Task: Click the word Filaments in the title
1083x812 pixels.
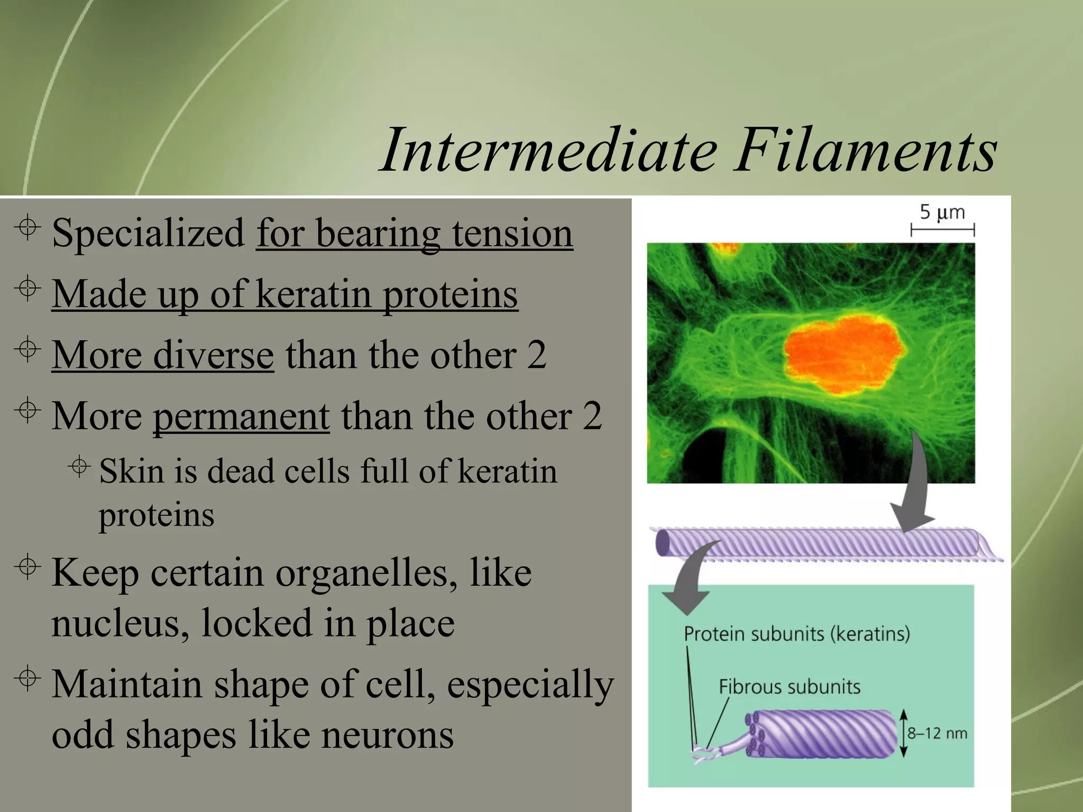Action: [865, 151]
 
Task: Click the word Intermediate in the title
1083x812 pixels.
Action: [547, 151]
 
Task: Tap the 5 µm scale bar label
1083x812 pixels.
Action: [942, 213]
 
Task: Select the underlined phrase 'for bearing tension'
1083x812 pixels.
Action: [414, 234]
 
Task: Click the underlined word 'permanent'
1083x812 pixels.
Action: [241, 417]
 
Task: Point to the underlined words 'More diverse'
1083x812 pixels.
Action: [162, 355]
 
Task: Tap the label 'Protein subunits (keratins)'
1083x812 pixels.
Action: [796, 633]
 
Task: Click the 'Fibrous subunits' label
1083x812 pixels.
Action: [789, 687]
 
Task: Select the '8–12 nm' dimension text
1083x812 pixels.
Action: [937, 733]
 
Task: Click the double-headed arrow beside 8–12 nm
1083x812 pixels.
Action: [903, 733]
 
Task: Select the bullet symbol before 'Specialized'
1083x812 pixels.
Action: [27, 227]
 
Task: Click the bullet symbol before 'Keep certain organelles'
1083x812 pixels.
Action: [27, 567]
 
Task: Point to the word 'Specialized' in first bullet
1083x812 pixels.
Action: [148, 234]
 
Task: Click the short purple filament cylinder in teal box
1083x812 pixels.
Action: [825, 733]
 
